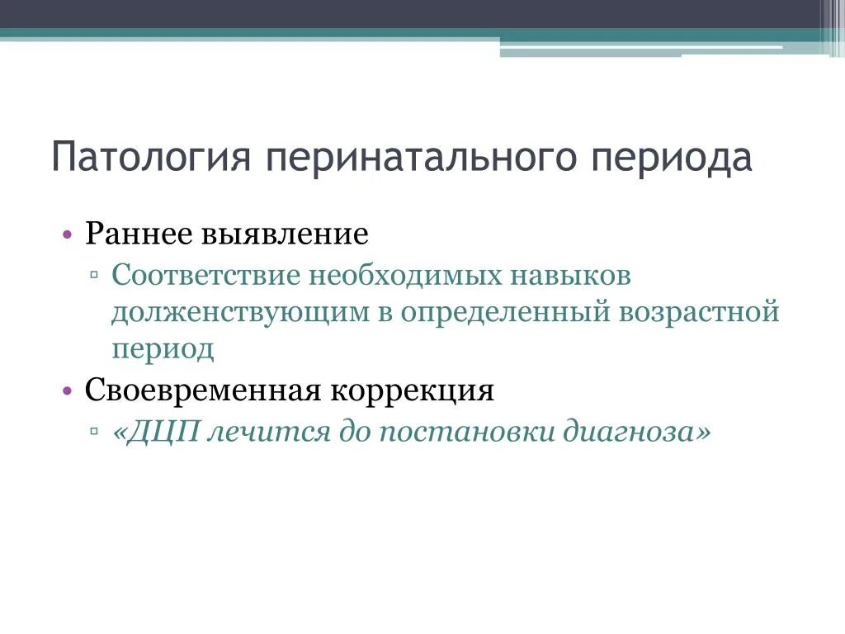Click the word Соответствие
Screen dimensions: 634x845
pos(206,275)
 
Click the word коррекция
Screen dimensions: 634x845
pos(413,390)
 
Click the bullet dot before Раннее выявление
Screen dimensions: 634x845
pos(68,235)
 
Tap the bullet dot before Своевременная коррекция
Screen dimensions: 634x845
pos(68,391)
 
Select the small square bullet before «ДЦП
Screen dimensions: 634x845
pos(96,432)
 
